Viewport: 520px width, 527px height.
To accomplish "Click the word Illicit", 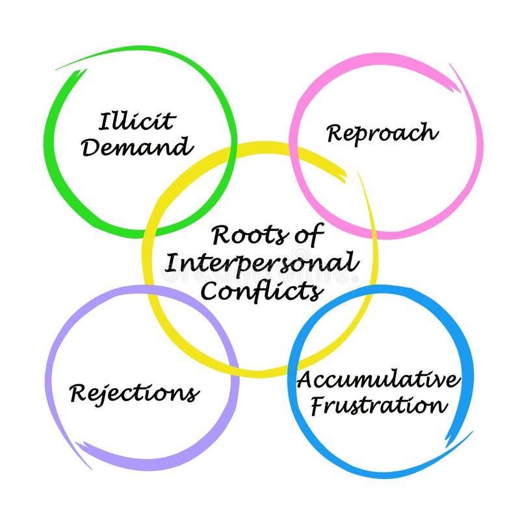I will point(137,121).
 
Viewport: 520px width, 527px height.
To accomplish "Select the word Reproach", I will point(382,133).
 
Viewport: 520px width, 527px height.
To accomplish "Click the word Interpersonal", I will point(261,263).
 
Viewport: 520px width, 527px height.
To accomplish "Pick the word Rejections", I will point(134,393).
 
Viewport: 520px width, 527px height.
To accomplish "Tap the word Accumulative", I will point(379,380).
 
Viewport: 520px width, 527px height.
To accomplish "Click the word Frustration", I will point(379,406).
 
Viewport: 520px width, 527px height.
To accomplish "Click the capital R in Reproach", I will point(335,133).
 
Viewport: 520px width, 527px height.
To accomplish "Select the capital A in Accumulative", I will point(305,380).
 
